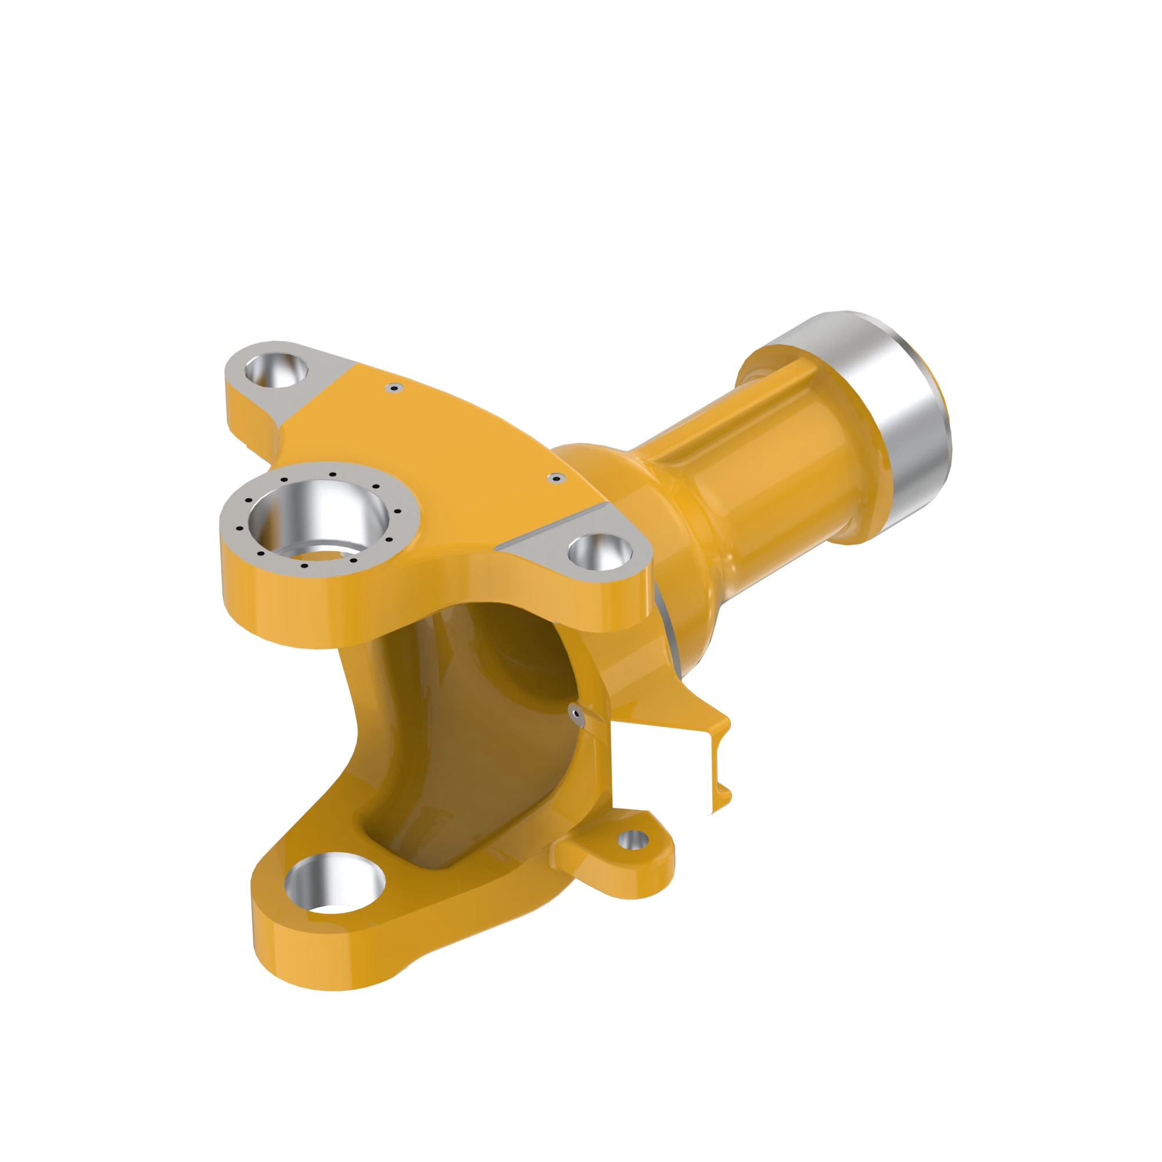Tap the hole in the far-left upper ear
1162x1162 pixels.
pos(276,369)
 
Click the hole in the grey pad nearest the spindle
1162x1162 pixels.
pos(599,551)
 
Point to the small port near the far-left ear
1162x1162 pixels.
pos(394,388)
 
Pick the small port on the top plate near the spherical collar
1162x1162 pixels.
pos(556,479)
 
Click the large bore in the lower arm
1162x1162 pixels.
pos(335,883)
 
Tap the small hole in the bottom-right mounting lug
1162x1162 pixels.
pos(632,839)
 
